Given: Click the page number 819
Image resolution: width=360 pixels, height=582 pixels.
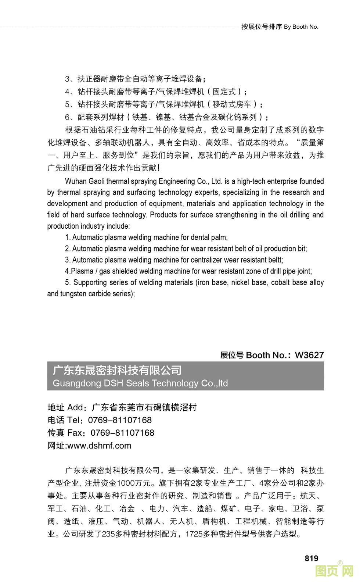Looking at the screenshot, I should click(311, 558).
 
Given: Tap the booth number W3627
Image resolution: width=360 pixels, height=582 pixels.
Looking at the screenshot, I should click(309, 355).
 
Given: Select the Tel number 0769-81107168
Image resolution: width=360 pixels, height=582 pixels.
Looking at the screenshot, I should click(120, 420).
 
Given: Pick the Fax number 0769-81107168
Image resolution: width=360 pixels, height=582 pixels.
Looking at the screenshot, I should click(122, 433).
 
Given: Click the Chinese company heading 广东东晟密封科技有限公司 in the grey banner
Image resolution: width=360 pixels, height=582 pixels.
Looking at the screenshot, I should click(117, 370).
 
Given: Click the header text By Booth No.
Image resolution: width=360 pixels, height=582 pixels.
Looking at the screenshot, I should click(301, 27).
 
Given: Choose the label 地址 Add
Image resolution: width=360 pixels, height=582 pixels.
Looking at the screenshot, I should click(65, 407).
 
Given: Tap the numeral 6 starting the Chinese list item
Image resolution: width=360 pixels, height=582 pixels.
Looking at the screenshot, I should click(68, 117).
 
